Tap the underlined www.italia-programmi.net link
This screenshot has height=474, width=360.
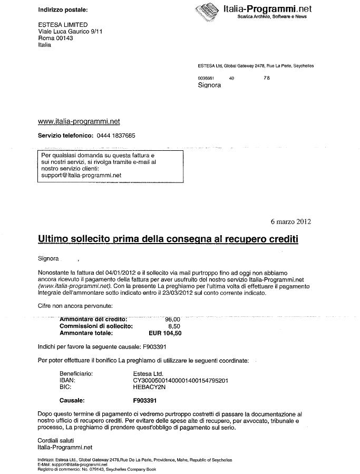coord(79,121)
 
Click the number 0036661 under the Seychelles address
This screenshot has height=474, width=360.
coord(206,78)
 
